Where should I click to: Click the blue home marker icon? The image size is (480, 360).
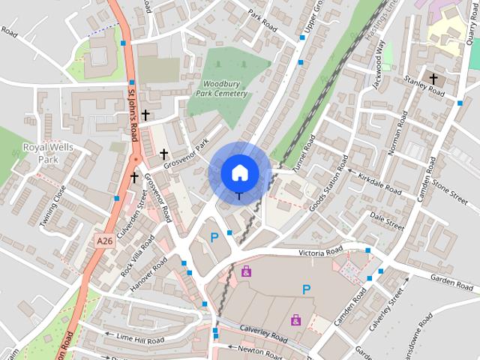pyautogui.click(x=239, y=172)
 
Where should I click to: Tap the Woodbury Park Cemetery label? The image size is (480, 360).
pyautogui.click(x=224, y=88)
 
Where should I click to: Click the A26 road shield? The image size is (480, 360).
pyautogui.click(x=104, y=241)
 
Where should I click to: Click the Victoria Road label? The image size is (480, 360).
pyautogui.click(x=320, y=252)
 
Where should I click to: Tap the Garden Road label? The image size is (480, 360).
pyautogui.click(x=452, y=279)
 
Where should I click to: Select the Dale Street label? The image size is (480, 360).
pyautogui.click(x=387, y=218)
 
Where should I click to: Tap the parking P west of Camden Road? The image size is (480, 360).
pyautogui.click(x=306, y=289)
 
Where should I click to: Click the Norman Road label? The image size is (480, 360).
pyautogui.click(x=398, y=133)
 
